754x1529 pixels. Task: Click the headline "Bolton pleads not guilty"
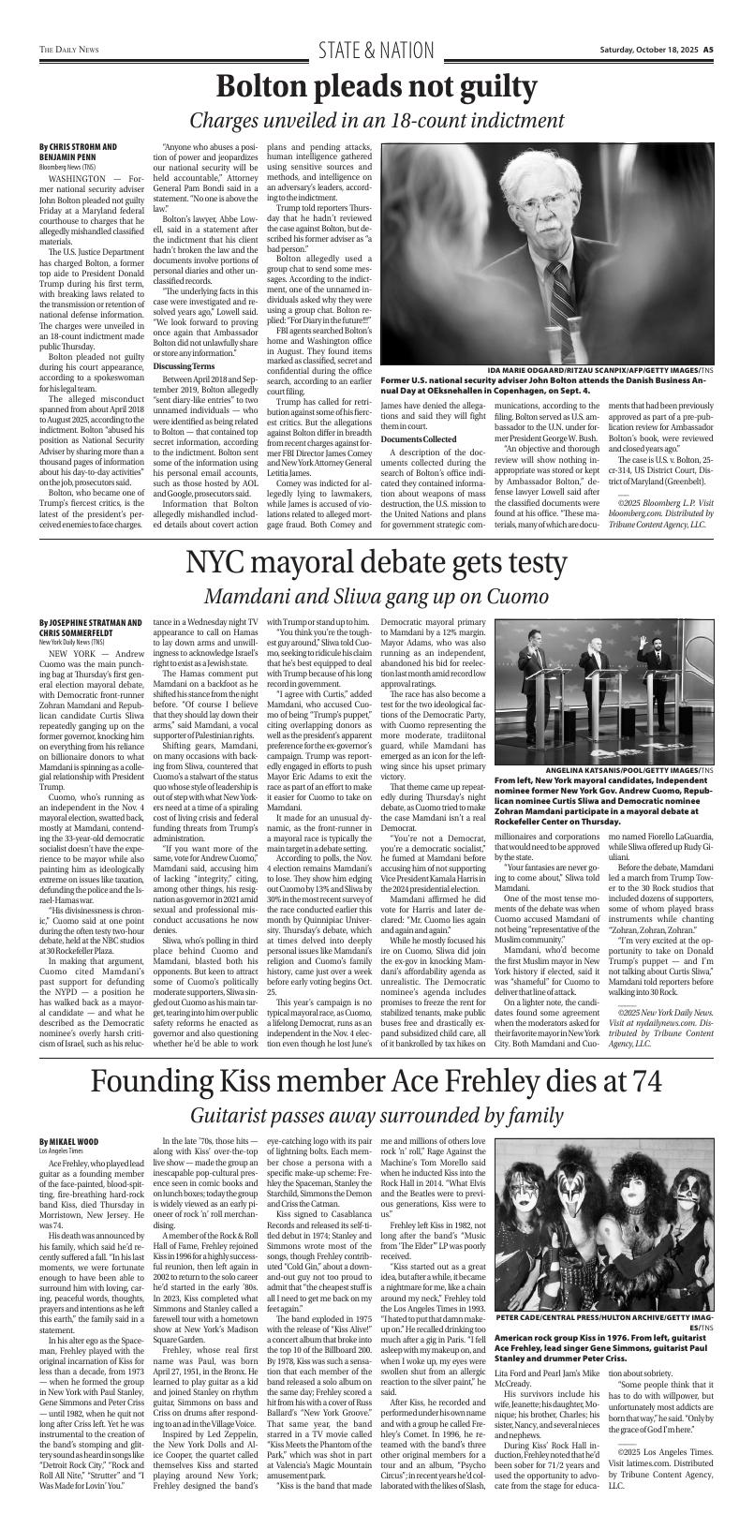pos(377,87)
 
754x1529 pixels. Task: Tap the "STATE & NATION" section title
pos(377,50)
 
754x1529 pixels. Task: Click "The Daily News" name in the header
pos(70,51)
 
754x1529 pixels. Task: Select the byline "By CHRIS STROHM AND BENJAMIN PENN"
pos(78,152)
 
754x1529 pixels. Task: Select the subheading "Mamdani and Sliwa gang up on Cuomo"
pos(377,597)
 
